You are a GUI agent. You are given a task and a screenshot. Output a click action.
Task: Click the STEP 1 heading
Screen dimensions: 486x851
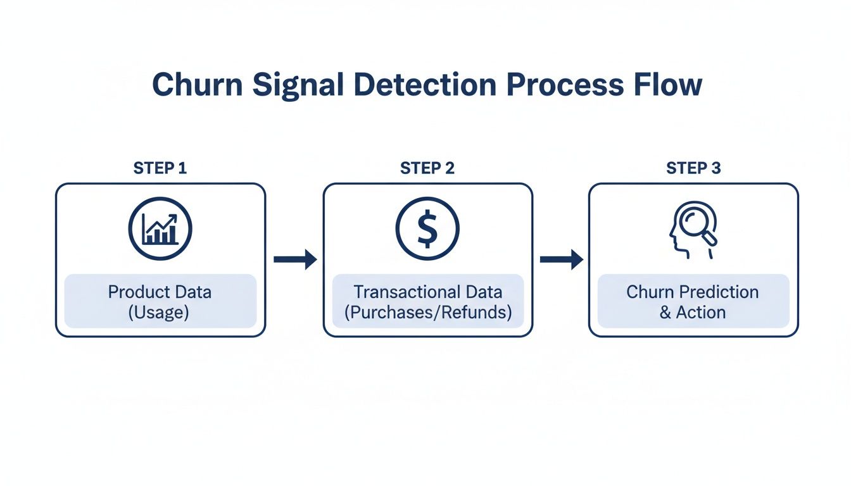pos(160,168)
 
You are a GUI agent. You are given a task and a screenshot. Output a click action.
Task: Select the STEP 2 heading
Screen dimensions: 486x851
pos(427,168)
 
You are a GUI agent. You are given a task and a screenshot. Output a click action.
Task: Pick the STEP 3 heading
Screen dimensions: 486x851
pos(693,168)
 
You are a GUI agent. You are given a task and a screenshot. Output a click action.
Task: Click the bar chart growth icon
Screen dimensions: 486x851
pos(160,229)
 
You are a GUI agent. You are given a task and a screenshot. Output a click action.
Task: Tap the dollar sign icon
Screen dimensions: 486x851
pos(427,229)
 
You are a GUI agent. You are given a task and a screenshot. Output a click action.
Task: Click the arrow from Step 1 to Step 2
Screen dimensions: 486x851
pos(294,259)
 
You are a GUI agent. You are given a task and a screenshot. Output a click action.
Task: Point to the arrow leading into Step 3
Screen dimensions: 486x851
pos(561,259)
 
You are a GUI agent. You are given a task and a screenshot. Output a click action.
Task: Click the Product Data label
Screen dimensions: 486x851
pos(160,292)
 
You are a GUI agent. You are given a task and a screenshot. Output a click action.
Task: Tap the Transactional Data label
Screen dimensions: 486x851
pos(427,292)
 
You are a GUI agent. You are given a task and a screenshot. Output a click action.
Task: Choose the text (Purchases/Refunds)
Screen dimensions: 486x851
pos(427,313)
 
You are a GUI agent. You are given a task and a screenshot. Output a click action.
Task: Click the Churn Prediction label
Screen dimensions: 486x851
pos(692,292)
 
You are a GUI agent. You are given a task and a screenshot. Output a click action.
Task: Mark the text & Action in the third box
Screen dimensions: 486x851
pos(692,313)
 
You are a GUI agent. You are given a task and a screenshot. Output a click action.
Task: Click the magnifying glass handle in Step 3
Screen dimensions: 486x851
pos(711,240)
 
